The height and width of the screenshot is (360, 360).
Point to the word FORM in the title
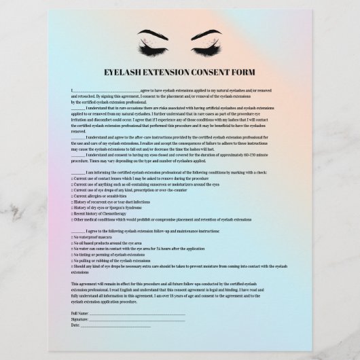click(x=240, y=71)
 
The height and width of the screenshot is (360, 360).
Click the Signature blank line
click(x=136, y=319)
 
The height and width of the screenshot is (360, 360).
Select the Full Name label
click(x=79, y=312)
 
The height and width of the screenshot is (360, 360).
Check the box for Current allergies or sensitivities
click(x=73, y=196)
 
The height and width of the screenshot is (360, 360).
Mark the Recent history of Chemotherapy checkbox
click(x=73, y=214)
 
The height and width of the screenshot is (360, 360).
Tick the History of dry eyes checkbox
click(x=73, y=208)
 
